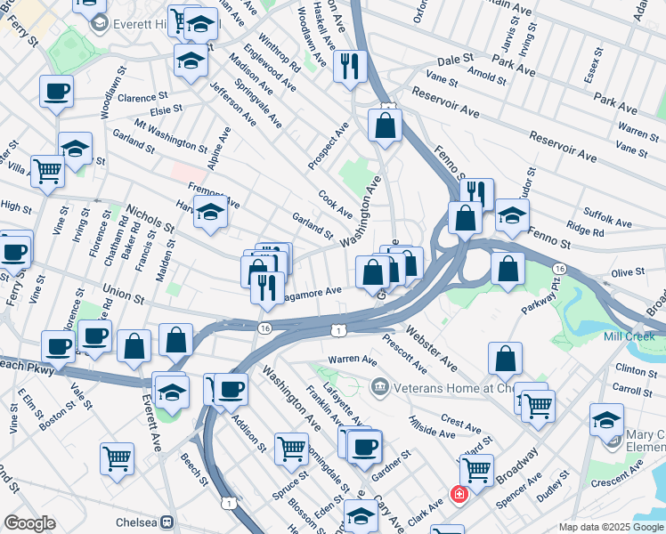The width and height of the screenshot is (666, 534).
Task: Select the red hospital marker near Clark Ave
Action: (459, 494)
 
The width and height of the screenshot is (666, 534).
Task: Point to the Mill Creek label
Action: (628, 336)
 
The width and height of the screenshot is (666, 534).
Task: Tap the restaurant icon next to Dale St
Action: (350, 65)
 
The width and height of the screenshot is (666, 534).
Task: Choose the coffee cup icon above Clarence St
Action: (56, 90)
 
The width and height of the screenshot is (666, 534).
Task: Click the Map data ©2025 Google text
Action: (611, 527)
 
